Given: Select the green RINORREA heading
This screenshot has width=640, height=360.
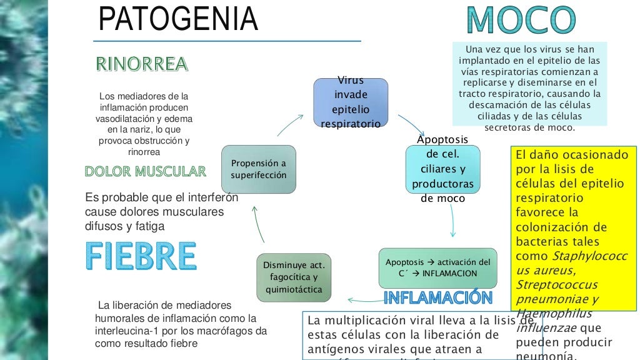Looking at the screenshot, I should [x=141, y=64].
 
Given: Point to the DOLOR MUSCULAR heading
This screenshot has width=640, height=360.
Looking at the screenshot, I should [x=145, y=171].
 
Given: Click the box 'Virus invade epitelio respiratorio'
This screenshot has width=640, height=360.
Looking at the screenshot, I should [x=350, y=103].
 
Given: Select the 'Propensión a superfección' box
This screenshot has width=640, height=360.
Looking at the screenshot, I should [x=259, y=169].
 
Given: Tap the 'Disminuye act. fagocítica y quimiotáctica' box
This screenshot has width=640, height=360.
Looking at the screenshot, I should [x=294, y=276].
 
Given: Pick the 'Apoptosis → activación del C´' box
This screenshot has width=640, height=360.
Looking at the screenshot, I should [x=437, y=267].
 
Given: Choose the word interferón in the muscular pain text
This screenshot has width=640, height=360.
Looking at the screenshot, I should [x=207, y=198].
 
